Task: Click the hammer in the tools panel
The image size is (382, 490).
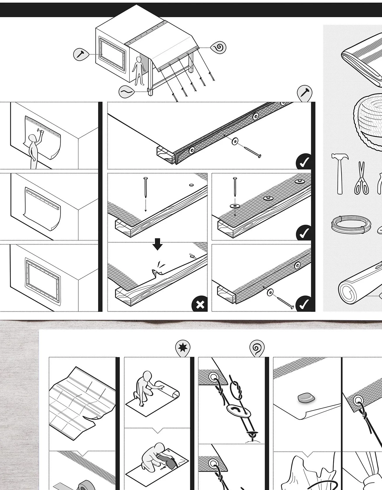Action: click(339, 172)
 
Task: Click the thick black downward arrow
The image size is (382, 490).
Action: click(158, 244)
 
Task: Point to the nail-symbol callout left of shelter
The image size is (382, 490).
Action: click(81, 54)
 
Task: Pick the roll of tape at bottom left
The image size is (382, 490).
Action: click(85, 486)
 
